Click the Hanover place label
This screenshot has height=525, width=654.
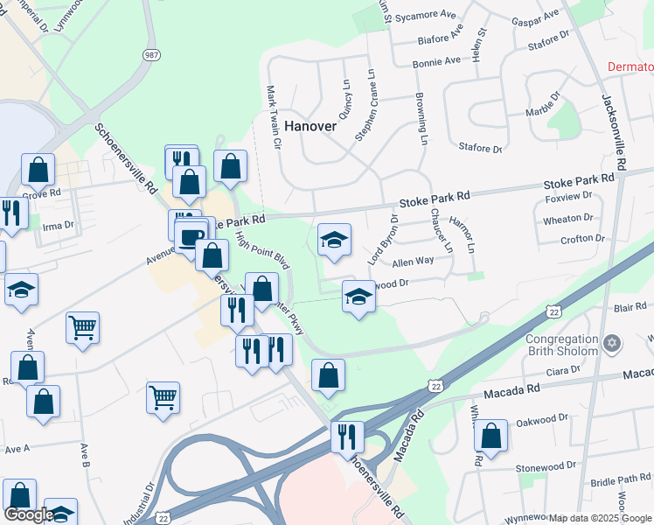coord(309,126)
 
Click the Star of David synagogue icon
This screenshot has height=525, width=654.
coord(611,345)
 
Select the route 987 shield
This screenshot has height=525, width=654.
coord(151,54)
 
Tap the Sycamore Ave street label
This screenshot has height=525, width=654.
coord(427,16)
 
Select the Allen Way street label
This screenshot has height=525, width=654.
coord(413,261)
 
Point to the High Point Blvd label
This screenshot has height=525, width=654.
coord(261,248)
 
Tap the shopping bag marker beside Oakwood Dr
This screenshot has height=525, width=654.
coord(493,435)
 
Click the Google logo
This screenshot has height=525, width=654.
coord(29,514)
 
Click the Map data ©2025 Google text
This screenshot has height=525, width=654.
coord(600,518)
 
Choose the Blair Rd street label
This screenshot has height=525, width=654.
coord(629,308)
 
